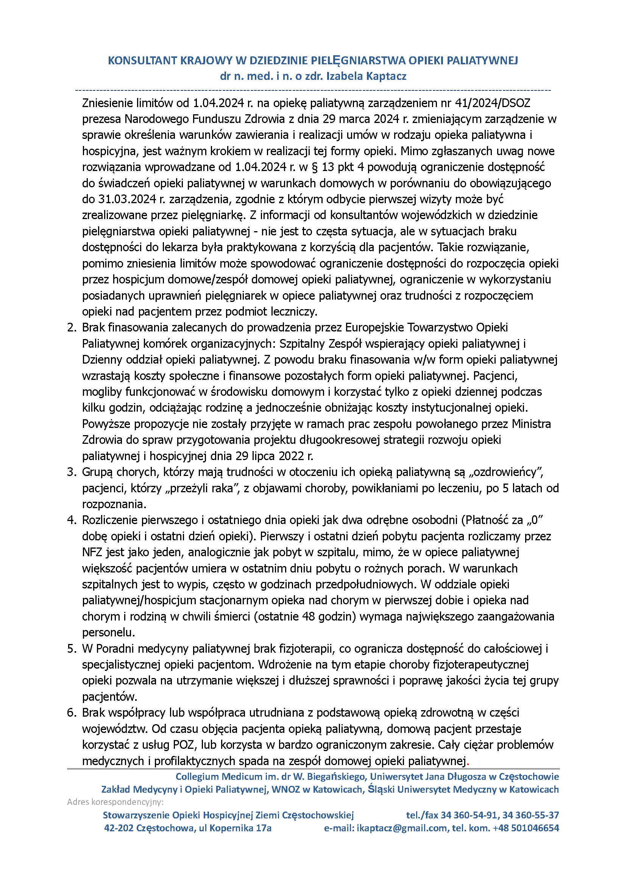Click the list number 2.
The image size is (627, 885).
click(x=72, y=328)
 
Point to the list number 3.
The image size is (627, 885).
click(x=72, y=472)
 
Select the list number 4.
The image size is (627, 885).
click(x=72, y=520)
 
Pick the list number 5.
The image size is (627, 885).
click(x=72, y=649)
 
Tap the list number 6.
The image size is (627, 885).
click(x=72, y=712)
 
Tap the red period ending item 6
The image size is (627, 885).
click(x=468, y=761)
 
